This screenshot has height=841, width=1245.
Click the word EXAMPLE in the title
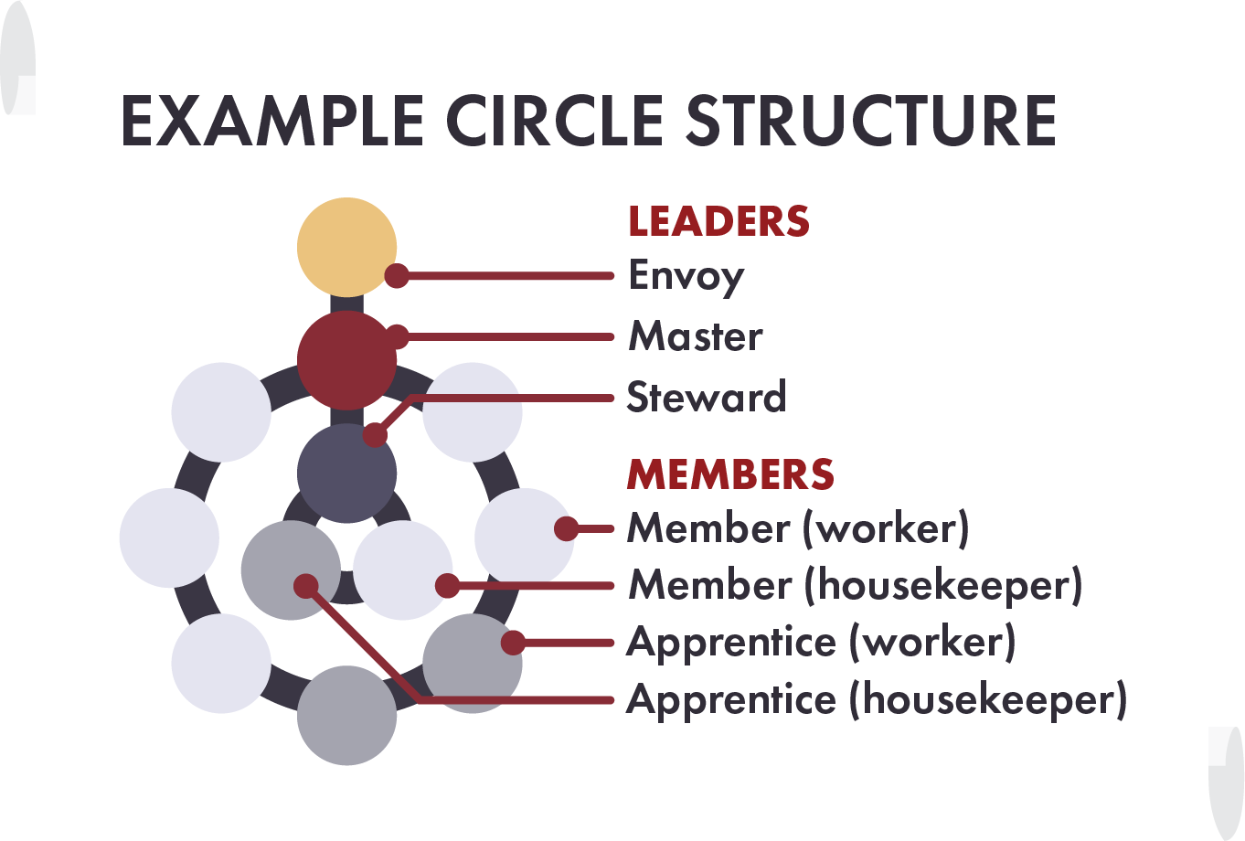(271, 121)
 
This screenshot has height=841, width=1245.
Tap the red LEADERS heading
(718, 222)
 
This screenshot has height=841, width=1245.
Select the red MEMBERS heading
(730, 474)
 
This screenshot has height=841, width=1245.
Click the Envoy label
(686, 276)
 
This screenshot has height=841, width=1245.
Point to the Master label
(695, 336)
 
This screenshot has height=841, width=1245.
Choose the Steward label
(706, 397)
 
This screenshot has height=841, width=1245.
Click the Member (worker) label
(798, 528)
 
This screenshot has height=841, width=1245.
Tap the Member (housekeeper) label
(855, 585)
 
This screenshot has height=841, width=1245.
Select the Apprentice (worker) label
(821, 643)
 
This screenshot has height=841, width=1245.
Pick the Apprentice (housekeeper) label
(876, 700)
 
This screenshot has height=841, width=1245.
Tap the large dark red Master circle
(346, 361)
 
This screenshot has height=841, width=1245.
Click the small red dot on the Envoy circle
(397, 275)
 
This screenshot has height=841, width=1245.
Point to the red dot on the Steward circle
(375, 434)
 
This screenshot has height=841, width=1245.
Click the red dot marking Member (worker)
(567, 528)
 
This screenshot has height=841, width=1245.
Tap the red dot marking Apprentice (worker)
(514, 643)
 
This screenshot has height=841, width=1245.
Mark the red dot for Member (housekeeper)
(447, 586)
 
